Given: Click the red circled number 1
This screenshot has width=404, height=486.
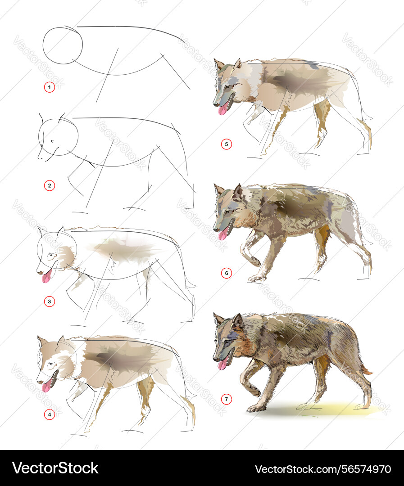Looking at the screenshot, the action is click(x=50, y=87).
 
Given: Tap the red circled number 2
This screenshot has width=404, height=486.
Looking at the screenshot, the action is click(x=50, y=186).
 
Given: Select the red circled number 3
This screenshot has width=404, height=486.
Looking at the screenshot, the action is click(x=50, y=301).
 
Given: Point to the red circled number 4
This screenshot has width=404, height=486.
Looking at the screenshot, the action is click(x=50, y=414).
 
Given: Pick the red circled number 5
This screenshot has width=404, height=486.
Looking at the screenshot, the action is click(x=226, y=144).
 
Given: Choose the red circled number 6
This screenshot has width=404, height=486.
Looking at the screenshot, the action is click(x=226, y=273).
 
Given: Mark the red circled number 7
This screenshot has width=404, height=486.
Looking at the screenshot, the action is click(x=226, y=399).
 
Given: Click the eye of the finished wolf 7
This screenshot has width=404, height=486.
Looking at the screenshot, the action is click(x=227, y=342).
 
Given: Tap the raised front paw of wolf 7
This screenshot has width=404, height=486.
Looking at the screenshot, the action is click(x=254, y=391).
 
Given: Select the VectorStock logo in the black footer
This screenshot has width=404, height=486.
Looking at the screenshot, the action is click(x=55, y=468).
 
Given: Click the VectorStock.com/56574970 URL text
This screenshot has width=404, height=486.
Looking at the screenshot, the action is click(x=323, y=469).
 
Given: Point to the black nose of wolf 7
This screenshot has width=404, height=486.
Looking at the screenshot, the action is click(x=215, y=359).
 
